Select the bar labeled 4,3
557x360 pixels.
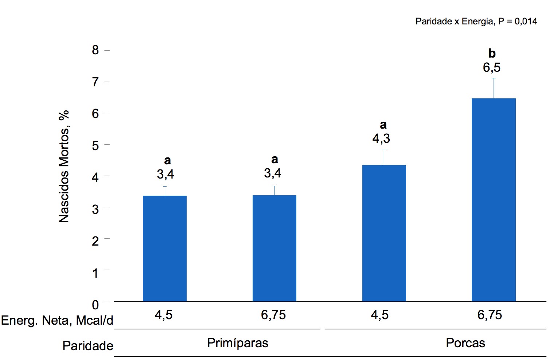384,233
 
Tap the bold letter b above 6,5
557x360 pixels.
492,54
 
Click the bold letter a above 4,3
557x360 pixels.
383,125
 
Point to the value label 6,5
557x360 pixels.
492,68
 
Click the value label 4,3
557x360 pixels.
381,138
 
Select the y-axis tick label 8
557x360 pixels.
96,50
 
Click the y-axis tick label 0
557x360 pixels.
96,305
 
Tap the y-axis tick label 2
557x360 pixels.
96,241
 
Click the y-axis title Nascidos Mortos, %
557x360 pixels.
64,167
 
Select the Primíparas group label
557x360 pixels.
238,343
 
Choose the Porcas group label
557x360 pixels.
466,343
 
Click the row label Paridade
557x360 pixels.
88,346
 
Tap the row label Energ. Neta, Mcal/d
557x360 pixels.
57,320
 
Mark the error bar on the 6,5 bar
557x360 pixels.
494,88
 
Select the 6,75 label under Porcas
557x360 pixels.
490,315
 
